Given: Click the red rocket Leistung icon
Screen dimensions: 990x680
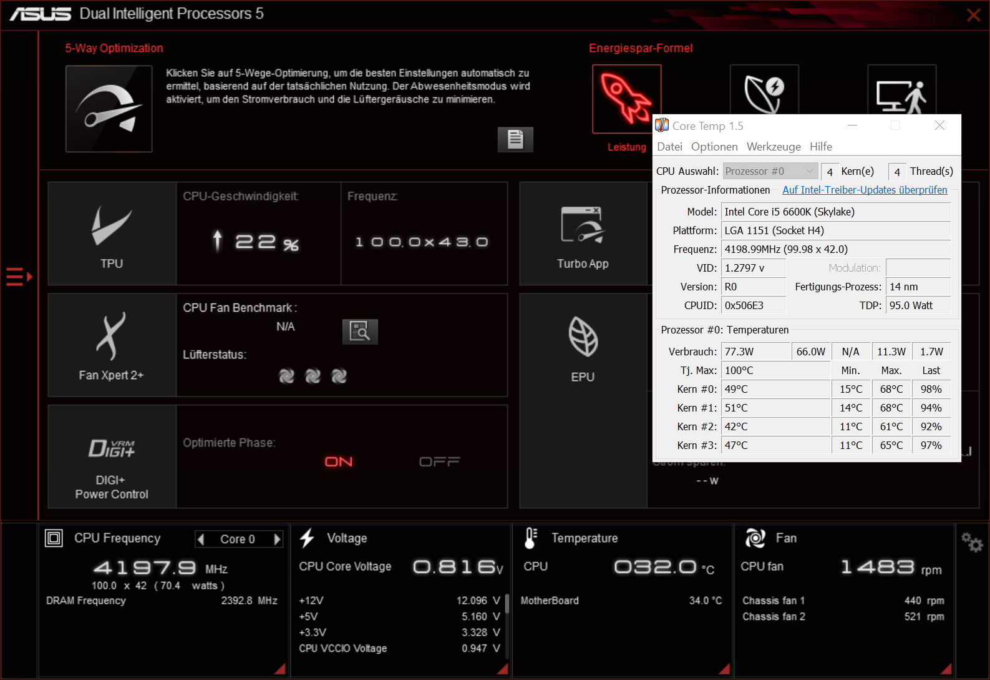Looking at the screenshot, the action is (x=626, y=98).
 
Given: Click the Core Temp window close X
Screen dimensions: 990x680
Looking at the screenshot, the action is (x=939, y=126).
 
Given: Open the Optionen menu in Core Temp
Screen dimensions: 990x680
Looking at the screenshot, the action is (x=714, y=147).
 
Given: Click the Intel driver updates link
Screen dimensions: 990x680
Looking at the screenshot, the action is (x=865, y=190).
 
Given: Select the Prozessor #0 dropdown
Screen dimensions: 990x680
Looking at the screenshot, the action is (x=770, y=171).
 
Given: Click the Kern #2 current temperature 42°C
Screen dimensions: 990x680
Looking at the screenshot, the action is (x=736, y=426).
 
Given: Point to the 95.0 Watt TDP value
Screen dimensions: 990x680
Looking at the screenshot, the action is (x=911, y=305).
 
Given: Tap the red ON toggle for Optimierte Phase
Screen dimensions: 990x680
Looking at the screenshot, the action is (x=339, y=462).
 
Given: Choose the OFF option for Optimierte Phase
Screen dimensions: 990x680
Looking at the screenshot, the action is (x=439, y=462).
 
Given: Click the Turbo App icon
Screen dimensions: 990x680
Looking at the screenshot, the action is (x=583, y=224).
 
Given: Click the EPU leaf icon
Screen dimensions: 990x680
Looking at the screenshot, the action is (x=583, y=336).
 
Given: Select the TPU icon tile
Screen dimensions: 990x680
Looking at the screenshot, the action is (x=112, y=233).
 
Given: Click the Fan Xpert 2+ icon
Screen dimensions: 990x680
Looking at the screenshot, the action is (x=111, y=336).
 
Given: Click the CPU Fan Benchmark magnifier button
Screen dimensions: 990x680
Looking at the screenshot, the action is (x=360, y=332).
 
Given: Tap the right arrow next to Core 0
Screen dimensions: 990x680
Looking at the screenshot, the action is (x=277, y=539).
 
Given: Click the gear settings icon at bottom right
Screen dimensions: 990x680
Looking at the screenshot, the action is (x=972, y=542).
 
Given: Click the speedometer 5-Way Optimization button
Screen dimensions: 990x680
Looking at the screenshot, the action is (x=109, y=109).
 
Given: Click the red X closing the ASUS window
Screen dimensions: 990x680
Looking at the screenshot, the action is (x=974, y=15).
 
